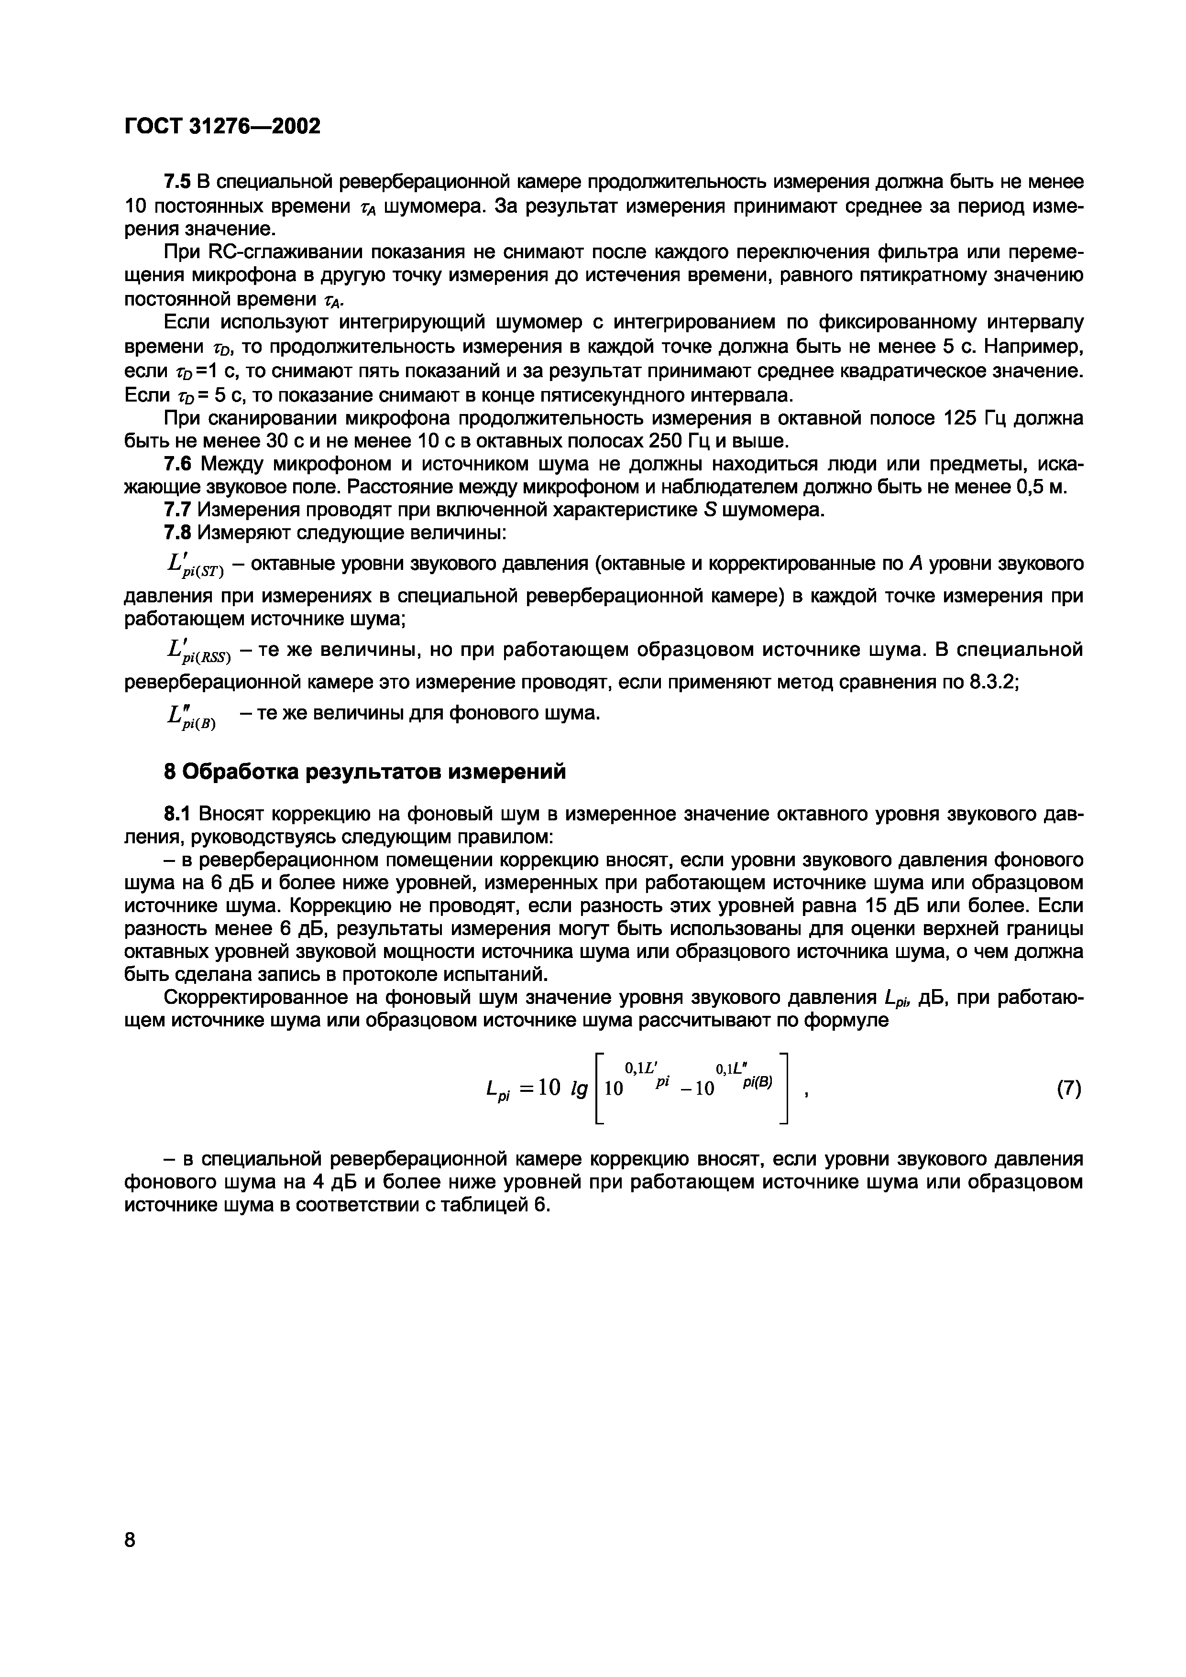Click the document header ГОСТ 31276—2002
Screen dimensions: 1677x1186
coord(223,126)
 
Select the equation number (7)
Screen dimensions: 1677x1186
coord(1067,1089)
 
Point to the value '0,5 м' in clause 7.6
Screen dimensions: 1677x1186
coord(1040,487)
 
